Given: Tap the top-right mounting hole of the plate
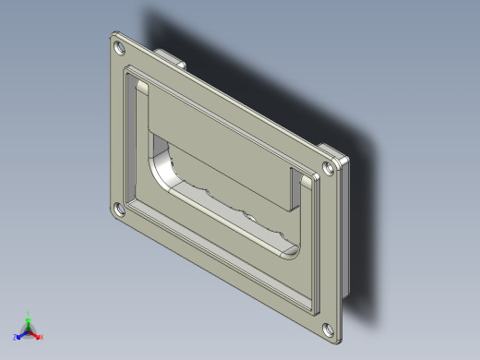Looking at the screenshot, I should pos(330,169).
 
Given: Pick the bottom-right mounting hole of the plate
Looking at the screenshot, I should pos(329,327).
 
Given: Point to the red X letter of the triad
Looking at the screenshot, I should pos(42,337).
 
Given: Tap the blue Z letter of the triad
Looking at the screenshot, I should pos(16,338).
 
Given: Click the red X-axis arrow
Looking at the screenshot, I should pos(36,334).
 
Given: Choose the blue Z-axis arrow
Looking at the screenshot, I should pos(21,334).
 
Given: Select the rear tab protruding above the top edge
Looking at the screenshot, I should pos(168,56).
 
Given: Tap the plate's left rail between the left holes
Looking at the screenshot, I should pos(116,129).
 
